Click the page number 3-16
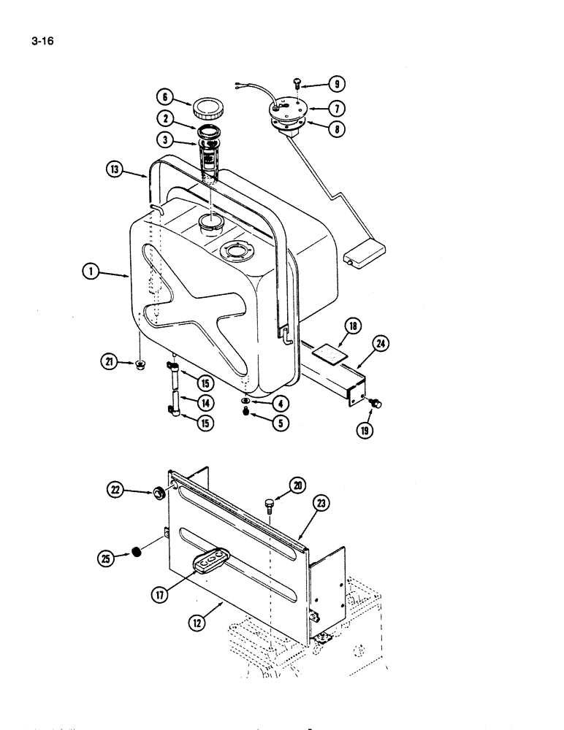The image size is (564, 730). coord(42,41)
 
